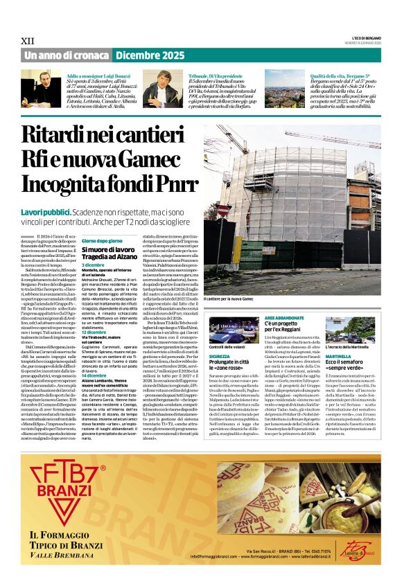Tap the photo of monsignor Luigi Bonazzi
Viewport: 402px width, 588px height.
[x=42, y=89]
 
